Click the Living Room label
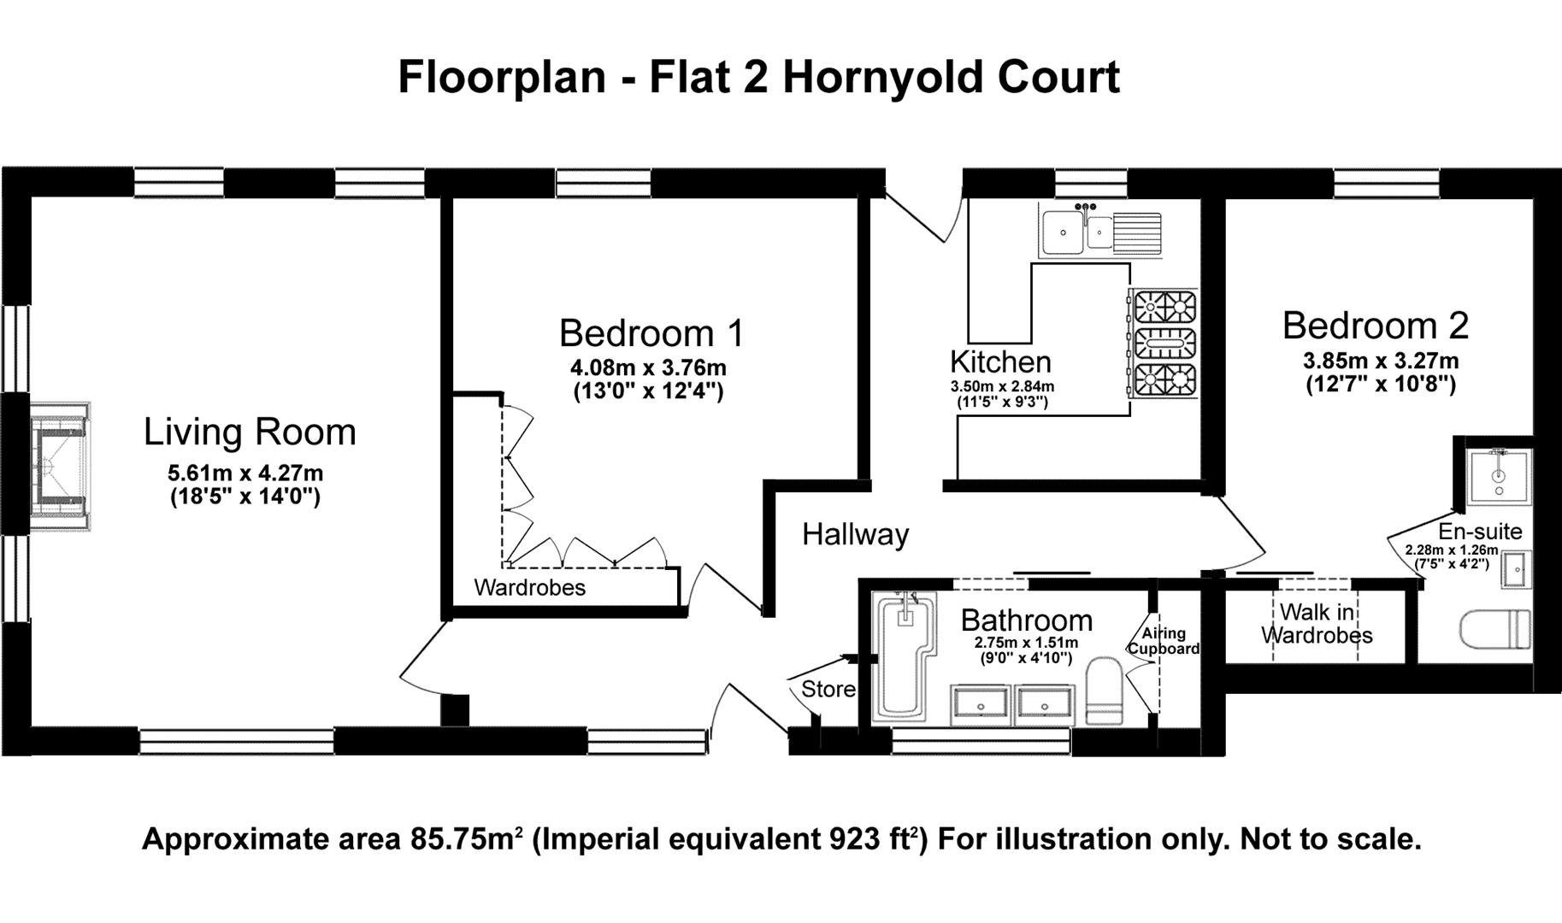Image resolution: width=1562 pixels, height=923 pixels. pos(249,432)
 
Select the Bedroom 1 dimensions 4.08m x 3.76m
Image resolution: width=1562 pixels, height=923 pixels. pos(648,368)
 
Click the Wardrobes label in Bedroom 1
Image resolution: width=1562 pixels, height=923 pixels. pos(529,588)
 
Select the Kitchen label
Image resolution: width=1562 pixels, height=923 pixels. pos(1000,362)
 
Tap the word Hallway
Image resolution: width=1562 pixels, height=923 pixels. pos(855,535)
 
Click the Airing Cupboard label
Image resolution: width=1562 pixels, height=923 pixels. pos(1164,640)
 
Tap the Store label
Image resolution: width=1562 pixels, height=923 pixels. pos(828,689)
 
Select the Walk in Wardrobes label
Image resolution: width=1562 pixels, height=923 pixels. pos(1317,624)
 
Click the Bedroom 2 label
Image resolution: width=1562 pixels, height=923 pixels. pos(1375,326)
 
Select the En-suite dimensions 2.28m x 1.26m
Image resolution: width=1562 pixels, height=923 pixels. pos(1451,550)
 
